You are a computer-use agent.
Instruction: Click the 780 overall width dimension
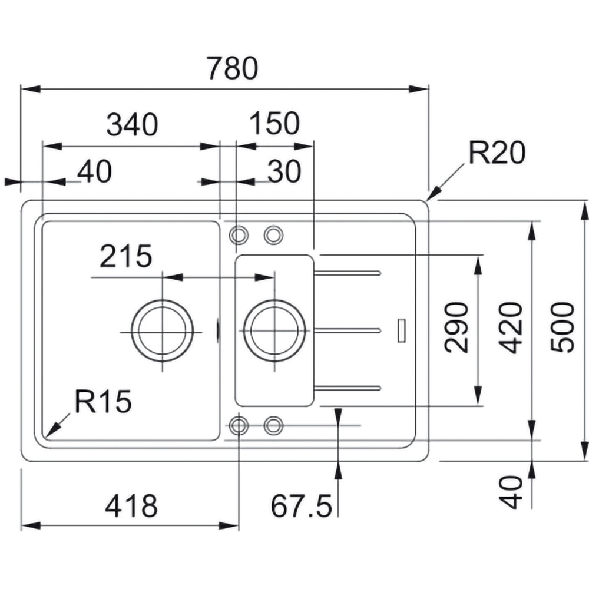[232, 69]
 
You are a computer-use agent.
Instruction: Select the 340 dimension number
[132, 125]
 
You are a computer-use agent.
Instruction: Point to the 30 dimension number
[284, 171]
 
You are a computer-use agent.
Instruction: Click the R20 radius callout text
[496, 154]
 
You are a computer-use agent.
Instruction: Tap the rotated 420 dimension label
[507, 327]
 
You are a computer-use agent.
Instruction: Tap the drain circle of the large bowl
[163, 330]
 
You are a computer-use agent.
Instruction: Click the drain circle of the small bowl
[274, 330]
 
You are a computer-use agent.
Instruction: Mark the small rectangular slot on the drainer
[402, 330]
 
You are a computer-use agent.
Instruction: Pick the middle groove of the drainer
[348, 330]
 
